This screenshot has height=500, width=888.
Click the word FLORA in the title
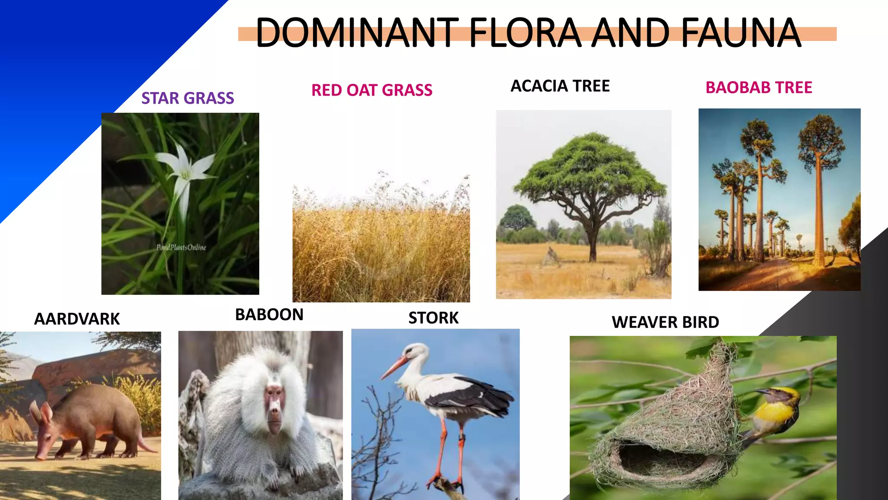525,33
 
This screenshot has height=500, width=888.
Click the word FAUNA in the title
741,33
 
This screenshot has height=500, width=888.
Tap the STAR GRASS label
188,98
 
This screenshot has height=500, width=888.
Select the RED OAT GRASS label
372,90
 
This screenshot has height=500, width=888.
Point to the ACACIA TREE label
560,86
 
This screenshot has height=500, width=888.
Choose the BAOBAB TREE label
759,88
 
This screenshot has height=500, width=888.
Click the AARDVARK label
77,319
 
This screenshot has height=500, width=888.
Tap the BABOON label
269,315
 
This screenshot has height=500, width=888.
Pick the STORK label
433,318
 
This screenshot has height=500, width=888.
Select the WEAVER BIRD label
665,322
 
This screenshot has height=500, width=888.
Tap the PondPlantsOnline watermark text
181,247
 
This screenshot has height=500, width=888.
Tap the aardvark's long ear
36,412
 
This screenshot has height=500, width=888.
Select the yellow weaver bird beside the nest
776,410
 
